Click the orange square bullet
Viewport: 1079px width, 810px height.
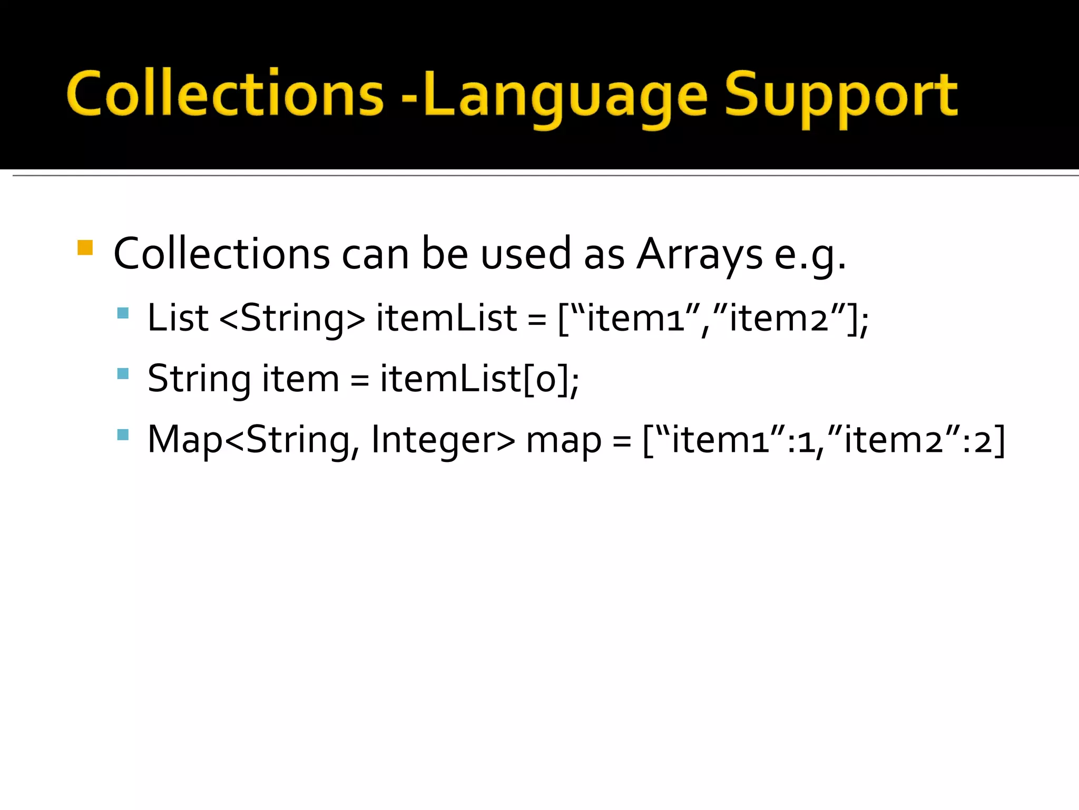coord(85,247)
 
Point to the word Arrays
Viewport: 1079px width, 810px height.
coord(699,254)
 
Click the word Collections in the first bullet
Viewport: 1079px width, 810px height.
coord(221,254)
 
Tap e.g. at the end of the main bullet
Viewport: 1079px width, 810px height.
coord(810,254)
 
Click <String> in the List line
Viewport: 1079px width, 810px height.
coord(292,319)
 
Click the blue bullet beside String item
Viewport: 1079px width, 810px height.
coord(123,374)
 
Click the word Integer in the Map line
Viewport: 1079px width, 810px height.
coord(443,440)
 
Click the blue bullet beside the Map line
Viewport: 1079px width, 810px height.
coord(123,435)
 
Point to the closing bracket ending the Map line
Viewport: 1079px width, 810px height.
coord(999,440)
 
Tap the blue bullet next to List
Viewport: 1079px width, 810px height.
coord(123,313)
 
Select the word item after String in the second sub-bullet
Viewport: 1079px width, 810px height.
coord(300,379)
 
